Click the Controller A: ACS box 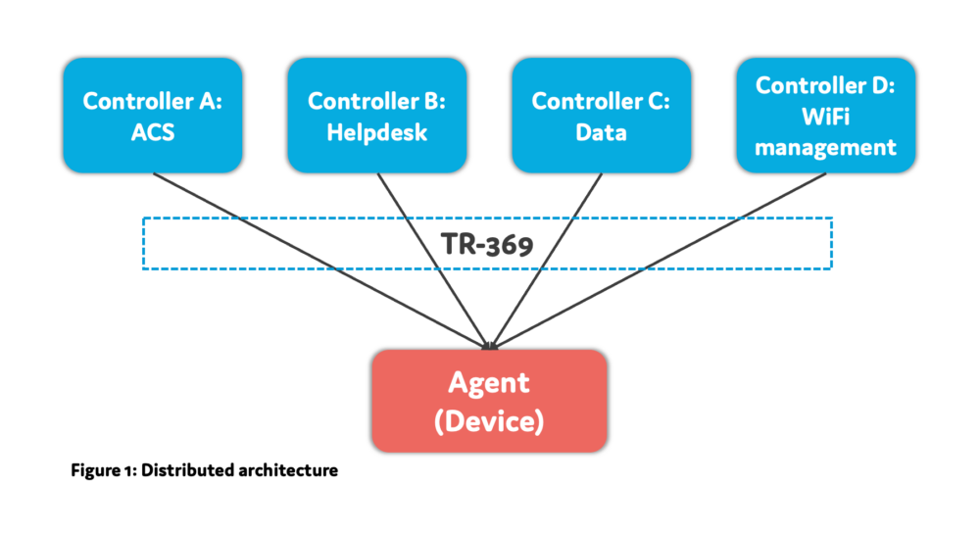click(152, 116)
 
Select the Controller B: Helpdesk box click(376, 116)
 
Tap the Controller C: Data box click(601, 116)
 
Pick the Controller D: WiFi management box click(825, 116)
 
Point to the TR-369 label click(485, 243)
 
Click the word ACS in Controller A click(152, 131)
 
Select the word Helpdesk click(376, 131)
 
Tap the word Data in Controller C click(601, 131)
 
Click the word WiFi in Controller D click(825, 117)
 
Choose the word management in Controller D click(825, 147)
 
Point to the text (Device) click(489, 422)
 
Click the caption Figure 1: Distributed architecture click(204, 470)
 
